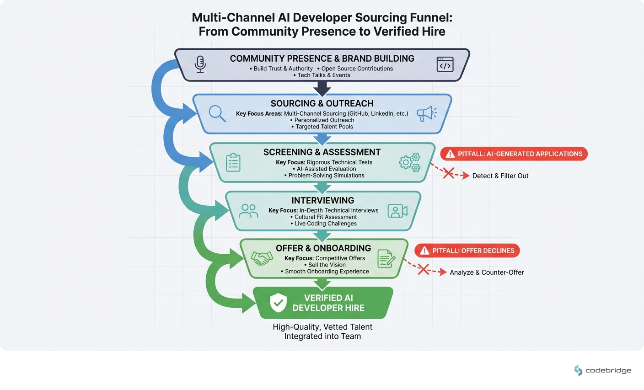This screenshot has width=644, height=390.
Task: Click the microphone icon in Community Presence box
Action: click(200, 64)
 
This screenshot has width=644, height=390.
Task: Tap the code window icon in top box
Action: click(445, 64)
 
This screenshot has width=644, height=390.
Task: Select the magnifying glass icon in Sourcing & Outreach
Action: click(217, 113)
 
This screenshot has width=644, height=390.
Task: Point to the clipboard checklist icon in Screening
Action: click(233, 162)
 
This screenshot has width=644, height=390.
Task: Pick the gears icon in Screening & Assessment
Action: click(409, 162)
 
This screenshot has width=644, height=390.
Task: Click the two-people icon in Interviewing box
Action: click(248, 210)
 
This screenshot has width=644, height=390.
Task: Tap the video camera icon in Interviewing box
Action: click(397, 211)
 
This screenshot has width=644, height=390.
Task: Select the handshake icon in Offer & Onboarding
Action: click(262, 259)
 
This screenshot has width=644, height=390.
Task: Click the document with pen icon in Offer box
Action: click(386, 259)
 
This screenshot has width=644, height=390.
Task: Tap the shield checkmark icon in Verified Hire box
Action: click(278, 303)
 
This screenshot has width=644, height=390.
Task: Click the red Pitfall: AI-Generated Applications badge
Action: click(514, 154)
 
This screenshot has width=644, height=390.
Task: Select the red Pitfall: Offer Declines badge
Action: click(467, 251)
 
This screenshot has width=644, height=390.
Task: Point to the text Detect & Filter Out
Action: click(500, 176)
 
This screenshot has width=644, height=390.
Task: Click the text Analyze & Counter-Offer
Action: click(487, 272)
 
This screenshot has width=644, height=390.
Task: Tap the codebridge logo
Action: click(602, 370)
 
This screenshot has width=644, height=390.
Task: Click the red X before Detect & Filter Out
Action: click(449, 173)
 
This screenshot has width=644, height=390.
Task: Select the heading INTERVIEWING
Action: click(323, 200)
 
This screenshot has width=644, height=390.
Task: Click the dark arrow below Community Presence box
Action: click(322, 88)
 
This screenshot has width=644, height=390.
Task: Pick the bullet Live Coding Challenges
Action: click(325, 224)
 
